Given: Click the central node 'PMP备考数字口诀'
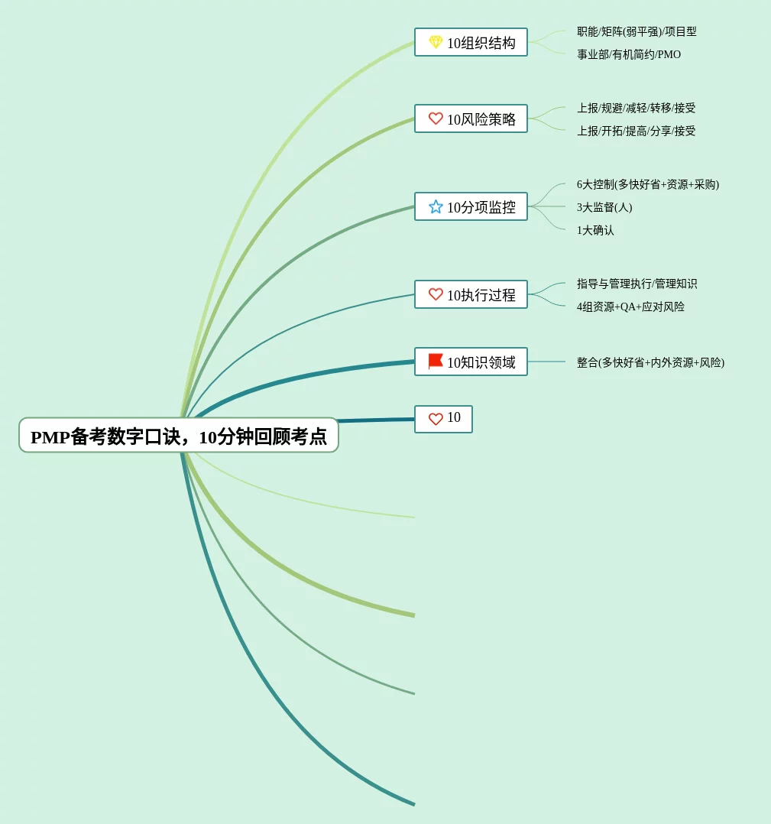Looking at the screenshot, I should (x=178, y=436).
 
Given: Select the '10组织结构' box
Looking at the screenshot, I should (x=471, y=43).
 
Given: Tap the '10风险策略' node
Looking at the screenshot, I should (x=471, y=119).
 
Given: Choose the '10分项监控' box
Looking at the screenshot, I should (x=471, y=207).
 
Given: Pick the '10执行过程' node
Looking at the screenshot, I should (x=471, y=295).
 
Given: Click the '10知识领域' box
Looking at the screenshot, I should (x=471, y=362).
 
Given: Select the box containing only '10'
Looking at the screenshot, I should (x=443, y=419).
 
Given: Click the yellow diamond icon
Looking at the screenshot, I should (x=436, y=42).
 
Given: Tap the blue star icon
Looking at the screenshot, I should (x=436, y=206).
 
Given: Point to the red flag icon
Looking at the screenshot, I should (x=436, y=361).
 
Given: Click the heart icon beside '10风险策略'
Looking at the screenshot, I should (x=436, y=118).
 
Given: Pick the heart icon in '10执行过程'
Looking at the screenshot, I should (x=436, y=294).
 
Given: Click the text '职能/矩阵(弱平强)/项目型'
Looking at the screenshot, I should (x=637, y=31).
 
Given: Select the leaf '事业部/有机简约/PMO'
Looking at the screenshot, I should (x=629, y=54).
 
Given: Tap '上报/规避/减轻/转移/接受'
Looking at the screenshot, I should (x=636, y=108).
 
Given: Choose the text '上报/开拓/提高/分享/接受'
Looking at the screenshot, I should (x=636, y=131).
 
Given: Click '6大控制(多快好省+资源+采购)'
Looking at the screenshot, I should (x=647, y=184).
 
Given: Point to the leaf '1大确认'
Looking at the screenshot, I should (x=595, y=230).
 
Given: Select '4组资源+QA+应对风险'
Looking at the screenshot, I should (x=630, y=307).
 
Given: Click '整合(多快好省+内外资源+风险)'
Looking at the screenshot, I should (x=650, y=362).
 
